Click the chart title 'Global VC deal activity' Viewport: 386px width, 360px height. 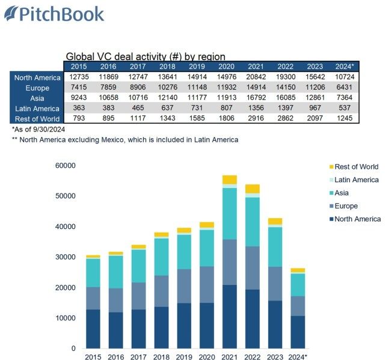pyautogui.click(x=145, y=56)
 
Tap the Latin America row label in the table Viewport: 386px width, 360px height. pyautogui.click(x=37, y=108)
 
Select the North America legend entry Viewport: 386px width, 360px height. pyautogui.click(x=357, y=219)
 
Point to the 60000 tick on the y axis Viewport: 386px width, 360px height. pyautogui.click(x=65, y=165)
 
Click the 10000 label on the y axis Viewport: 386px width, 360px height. pyautogui.click(x=65, y=318)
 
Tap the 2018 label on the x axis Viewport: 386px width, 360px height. pyautogui.click(x=161, y=357)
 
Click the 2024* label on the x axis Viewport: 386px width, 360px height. pyautogui.click(x=298, y=357)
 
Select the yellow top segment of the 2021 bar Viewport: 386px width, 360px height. pyautogui.click(x=229, y=179)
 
